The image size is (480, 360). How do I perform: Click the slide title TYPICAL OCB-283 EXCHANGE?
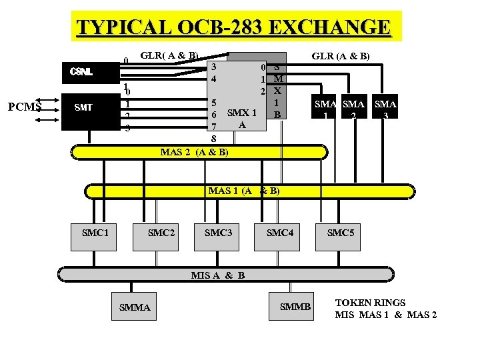point(233,27)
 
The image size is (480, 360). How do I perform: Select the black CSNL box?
point(83,71)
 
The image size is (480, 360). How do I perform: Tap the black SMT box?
point(83,107)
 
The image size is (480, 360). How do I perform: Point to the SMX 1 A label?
point(242,118)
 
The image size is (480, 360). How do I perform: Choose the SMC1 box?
point(94,233)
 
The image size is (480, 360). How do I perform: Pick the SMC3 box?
point(218,233)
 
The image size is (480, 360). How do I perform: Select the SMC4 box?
point(279,233)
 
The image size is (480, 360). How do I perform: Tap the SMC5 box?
point(340,233)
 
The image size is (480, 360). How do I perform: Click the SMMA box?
point(134,307)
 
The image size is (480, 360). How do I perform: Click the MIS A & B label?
point(217,275)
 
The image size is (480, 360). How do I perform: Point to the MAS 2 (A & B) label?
point(194,152)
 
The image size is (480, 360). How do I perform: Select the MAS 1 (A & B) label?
point(243,191)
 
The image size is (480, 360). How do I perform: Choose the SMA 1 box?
point(325,109)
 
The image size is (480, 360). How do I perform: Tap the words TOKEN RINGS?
point(370,303)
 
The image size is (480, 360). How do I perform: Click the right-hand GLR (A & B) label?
point(341,57)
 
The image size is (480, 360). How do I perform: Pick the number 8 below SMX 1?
point(213,139)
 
